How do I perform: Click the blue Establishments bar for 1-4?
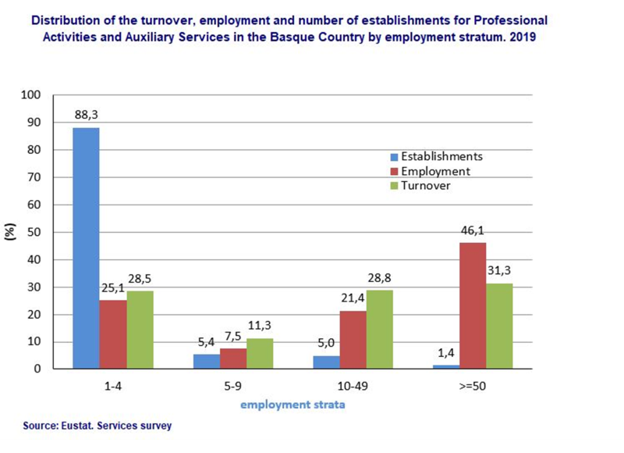pyautogui.click(x=86, y=248)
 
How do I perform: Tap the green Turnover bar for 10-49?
pyautogui.click(x=379, y=329)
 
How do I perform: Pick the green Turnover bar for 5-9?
pyautogui.click(x=260, y=353)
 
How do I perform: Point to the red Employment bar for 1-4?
pyautogui.click(x=113, y=334)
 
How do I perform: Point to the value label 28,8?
pyautogui.click(x=380, y=277)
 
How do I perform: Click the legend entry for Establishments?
pyautogui.click(x=441, y=156)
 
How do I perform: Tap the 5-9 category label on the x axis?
pyautogui.click(x=232, y=386)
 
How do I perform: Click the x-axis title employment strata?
pyautogui.click(x=292, y=405)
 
